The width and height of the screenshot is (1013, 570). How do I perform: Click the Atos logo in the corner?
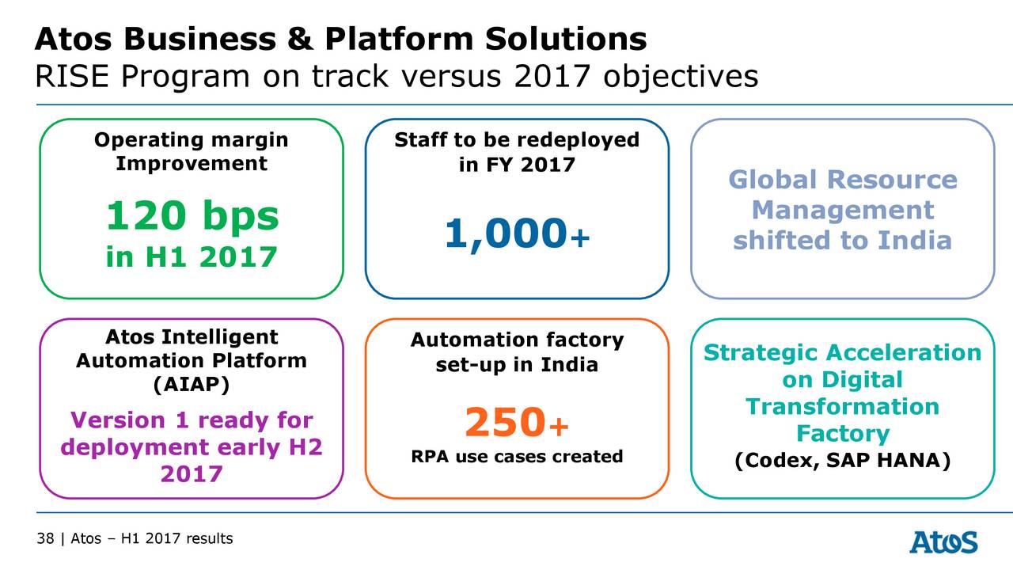tap(943, 542)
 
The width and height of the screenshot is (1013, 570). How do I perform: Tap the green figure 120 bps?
tap(192, 216)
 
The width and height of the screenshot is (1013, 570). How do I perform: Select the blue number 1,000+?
tap(517, 234)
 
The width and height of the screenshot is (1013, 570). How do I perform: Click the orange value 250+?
tap(517, 423)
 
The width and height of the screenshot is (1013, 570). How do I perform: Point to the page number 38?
tap(44, 539)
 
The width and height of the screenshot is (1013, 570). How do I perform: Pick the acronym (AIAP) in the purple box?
tap(191, 384)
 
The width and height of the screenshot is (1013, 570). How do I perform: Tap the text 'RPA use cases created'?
tap(517, 457)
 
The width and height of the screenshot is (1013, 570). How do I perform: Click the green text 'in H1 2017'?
tap(192, 256)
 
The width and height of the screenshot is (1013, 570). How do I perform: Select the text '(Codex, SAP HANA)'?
tap(842, 461)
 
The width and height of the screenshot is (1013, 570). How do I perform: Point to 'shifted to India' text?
tap(842, 241)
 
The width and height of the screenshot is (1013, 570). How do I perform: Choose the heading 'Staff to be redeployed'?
tap(517, 140)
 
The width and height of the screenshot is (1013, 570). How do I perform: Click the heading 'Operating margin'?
tap(192, 140)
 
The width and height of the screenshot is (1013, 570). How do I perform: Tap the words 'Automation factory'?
tap(517, 340)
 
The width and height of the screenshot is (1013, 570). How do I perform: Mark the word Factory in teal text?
tap(842, 434)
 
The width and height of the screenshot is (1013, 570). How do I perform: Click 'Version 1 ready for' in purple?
tap(192, 420)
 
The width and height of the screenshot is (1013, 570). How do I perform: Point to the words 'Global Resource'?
tap(842, 180)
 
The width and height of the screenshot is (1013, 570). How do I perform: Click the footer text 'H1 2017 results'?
tap(176, 539)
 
